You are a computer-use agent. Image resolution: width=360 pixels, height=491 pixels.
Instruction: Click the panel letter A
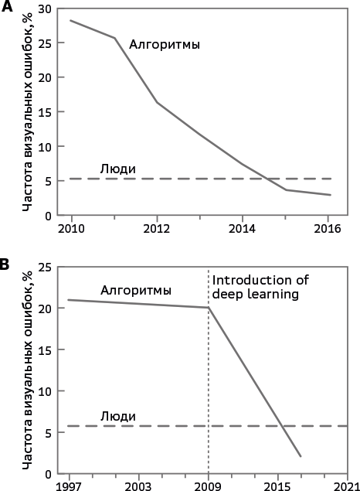coord(7,6)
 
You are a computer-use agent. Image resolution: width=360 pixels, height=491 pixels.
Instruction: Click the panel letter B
coord(5,264)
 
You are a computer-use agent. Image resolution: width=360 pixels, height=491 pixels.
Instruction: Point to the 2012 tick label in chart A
coord(157,229)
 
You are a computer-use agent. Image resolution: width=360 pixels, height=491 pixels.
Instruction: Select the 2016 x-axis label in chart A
coord(327,229)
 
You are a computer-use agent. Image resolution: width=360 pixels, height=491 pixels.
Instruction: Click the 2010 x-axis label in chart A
coord(71,229)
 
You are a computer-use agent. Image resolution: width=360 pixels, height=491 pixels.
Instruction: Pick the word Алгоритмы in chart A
coord(165,45)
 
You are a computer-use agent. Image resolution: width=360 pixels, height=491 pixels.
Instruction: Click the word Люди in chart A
coord(118,169)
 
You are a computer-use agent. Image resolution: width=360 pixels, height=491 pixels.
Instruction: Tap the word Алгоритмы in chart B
coord(136,291)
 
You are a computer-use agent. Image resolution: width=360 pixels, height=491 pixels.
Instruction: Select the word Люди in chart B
coord(118,417)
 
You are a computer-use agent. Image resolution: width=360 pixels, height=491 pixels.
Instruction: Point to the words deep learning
coord(255,295)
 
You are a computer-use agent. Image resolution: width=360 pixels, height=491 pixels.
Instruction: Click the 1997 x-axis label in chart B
coord(69,486)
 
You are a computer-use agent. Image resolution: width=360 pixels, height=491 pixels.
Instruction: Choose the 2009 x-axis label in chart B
coord(208,486)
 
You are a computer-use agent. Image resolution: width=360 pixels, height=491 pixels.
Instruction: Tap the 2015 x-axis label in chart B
coord(277,486)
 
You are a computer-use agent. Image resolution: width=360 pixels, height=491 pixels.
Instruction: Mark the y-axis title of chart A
coord(28,112)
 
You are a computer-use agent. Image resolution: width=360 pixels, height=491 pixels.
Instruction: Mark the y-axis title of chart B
coord(28,370)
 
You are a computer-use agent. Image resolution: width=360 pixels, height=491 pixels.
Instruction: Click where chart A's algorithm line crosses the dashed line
coord(267,179)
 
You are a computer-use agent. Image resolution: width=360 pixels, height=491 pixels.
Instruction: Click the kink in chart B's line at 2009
coord(209,308)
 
